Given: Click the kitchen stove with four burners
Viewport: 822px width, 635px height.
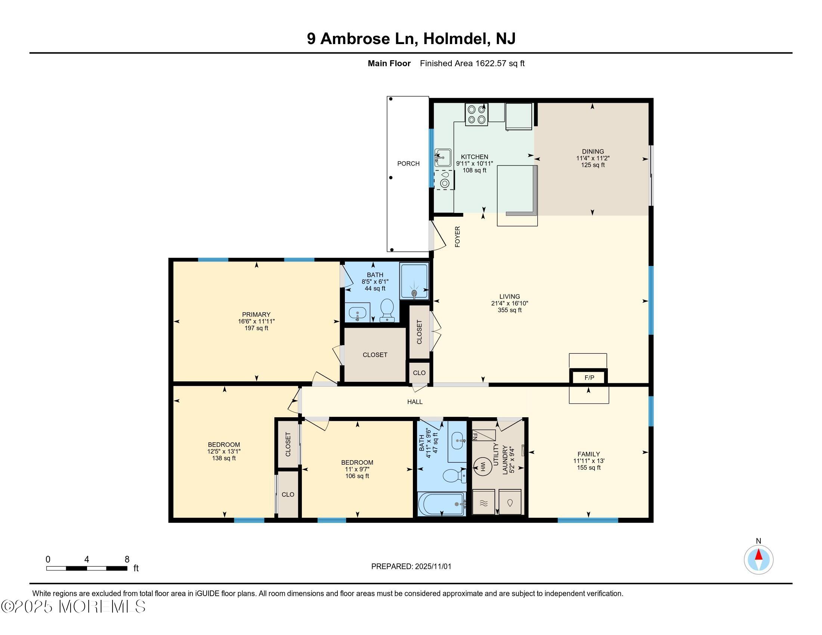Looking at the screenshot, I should pos(476,114).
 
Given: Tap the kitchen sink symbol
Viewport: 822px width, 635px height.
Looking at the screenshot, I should pos(443,157).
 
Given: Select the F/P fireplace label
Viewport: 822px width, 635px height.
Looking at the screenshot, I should pos(589,377).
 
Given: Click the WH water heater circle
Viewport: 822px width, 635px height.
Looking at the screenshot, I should pos(482,467).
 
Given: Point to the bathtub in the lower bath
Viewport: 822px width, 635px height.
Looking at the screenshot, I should pos(442,504).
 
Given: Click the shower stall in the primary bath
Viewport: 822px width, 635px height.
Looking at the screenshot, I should pos(414,281).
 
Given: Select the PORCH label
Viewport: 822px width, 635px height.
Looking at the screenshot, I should pos(408,164).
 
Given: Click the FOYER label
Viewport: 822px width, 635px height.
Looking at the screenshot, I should pos(458,236).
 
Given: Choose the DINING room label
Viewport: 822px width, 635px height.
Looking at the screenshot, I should pos(593,152).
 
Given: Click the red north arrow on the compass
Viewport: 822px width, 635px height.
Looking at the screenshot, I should pos(758,555).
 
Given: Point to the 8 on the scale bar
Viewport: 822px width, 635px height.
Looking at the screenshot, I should pos(127,560).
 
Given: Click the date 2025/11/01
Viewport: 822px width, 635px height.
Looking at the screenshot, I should pos(432,567).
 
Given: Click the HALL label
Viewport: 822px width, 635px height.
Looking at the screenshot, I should pos(415,402).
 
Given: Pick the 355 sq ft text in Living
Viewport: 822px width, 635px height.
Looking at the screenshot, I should pos(510,310).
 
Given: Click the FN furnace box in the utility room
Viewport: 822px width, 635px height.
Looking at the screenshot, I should pos(483,436).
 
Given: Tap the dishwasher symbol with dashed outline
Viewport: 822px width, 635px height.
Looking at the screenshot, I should pos(445,180).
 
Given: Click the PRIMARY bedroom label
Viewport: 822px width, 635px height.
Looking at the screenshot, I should pos(256,315).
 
